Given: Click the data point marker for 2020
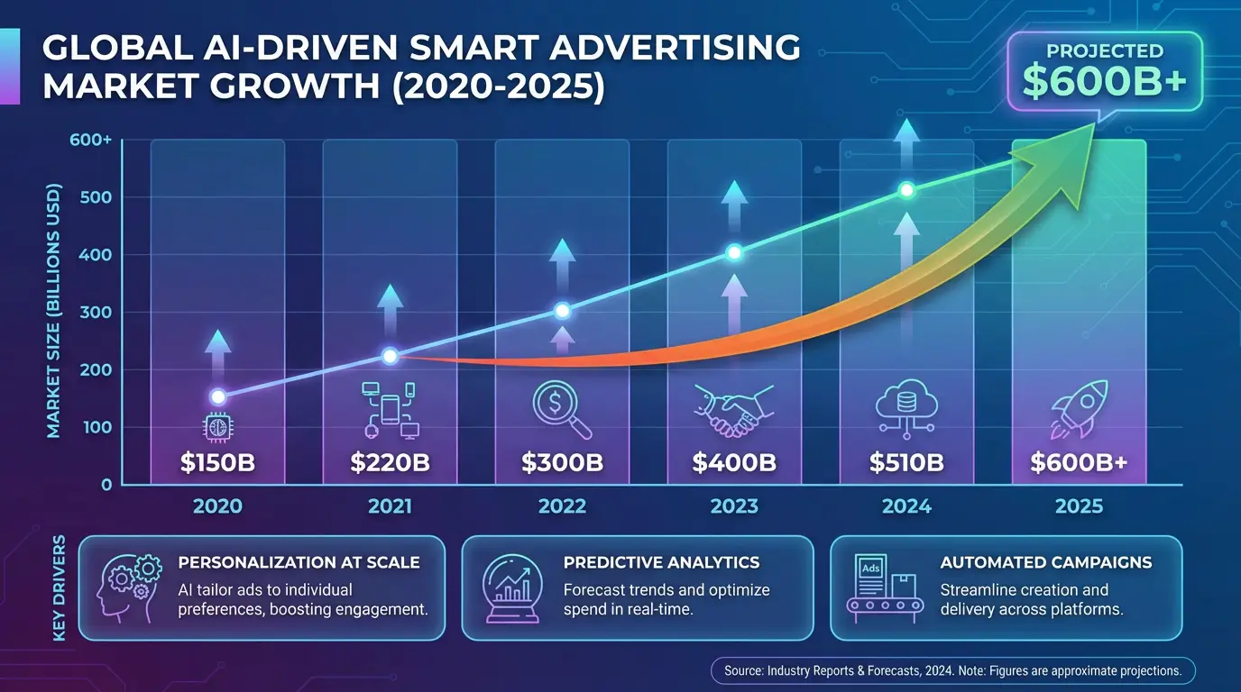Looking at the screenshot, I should (217, 396).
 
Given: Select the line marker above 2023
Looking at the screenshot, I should (734, 252).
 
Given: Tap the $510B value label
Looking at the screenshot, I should (906, 463).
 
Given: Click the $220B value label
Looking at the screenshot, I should (390, 463).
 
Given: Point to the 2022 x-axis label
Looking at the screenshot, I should (562, 506).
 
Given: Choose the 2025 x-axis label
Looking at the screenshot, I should (1079, 506).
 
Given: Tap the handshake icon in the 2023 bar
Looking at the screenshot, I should (733, 411).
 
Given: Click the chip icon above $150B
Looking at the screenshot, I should (217, 426).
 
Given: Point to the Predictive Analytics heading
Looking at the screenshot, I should (661, 563).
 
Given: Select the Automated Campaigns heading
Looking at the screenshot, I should (1046, 563).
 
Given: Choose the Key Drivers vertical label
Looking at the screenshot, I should (60, 588).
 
